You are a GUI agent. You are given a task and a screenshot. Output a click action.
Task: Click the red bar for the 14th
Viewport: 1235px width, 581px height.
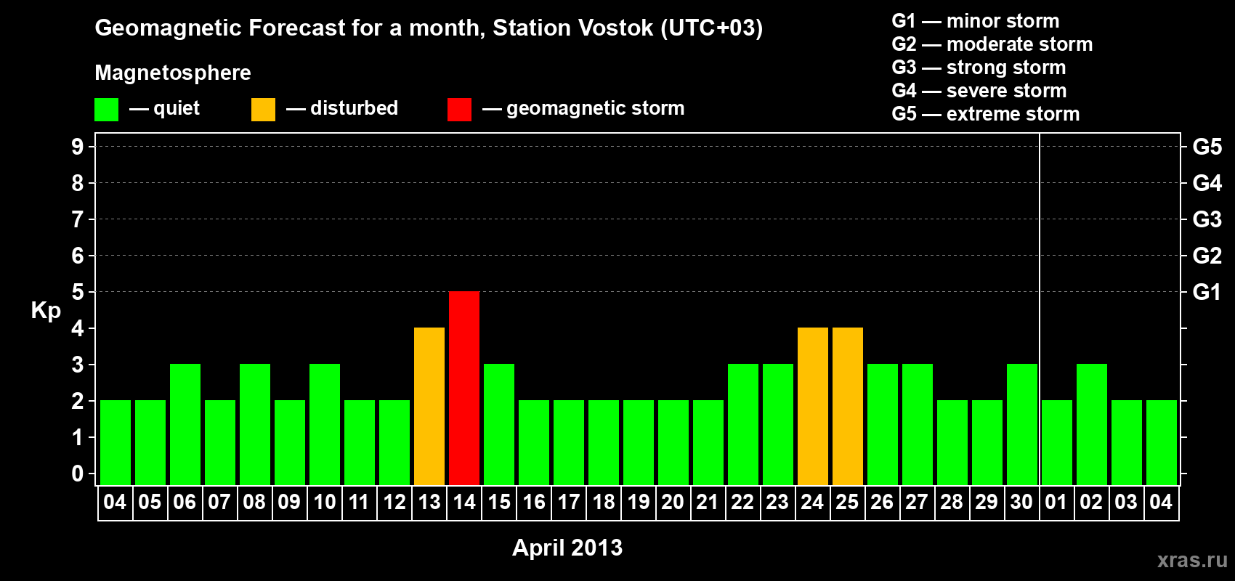click(464, 388)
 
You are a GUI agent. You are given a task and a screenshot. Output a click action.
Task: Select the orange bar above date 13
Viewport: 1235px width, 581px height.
click(429, 406)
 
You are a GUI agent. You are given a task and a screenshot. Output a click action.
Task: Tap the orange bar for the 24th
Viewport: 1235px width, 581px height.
click(813, 406)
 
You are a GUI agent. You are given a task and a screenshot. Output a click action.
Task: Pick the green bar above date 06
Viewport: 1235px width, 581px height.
click(185, 424)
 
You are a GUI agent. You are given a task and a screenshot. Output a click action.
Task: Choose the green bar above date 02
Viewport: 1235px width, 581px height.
click(1092, 424)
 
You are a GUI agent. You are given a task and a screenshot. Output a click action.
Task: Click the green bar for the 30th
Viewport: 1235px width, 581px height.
click(1022, 424)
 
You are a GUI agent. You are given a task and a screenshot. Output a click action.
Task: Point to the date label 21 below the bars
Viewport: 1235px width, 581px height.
click(708, 502)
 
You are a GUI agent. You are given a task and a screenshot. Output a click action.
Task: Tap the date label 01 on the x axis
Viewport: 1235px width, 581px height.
click(1056, 502)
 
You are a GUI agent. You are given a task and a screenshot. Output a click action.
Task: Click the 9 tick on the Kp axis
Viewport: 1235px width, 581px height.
click(77, 147)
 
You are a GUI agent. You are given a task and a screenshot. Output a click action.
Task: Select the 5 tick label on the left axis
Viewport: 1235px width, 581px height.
click(77, 292)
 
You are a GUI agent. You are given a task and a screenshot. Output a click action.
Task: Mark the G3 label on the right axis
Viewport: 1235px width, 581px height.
click(1207, 219)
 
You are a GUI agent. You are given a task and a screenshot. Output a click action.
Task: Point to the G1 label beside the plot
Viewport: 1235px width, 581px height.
click(1207, 292)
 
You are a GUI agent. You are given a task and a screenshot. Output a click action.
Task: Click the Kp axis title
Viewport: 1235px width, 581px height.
click(46, 311)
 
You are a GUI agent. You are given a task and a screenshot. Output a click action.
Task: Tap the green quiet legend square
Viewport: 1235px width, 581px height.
click(106, 109)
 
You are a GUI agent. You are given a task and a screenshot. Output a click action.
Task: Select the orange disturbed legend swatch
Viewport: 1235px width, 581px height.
click(263, 109)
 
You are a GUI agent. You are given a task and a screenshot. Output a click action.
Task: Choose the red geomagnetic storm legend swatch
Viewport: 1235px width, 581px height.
click(459, 109)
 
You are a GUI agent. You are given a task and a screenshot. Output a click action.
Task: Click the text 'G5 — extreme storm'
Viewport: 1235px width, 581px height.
click(986, 114)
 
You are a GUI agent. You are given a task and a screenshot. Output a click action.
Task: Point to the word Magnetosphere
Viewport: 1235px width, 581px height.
click(173, 73)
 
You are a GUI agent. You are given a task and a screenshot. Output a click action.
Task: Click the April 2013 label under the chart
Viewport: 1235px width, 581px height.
click(567, 548)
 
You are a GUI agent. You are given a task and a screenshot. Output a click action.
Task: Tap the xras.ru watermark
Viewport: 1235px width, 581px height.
click(1192, 560)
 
